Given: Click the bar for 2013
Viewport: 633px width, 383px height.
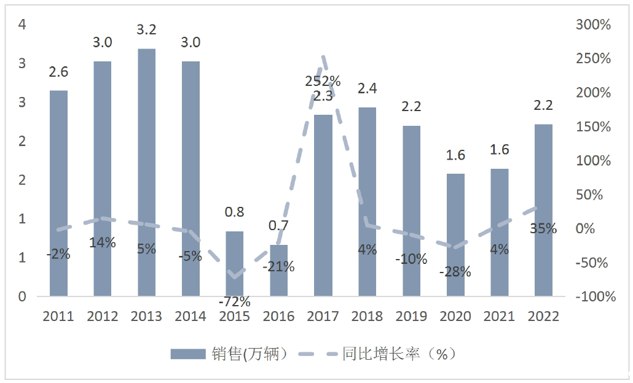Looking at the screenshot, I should coord(146,172).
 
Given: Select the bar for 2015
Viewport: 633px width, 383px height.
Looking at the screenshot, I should coord(235,263).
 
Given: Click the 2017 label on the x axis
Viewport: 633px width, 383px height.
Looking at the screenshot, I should coord(323,316).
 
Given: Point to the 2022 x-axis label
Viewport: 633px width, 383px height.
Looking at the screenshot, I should coord(543,316).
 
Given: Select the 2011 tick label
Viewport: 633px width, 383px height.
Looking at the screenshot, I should coord(58,316).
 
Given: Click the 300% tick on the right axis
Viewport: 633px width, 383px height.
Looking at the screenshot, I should coord(593,25).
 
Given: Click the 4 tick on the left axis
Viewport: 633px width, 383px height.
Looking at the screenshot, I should coord(23,25).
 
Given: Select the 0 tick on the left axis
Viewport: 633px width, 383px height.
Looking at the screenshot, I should coord(23,296).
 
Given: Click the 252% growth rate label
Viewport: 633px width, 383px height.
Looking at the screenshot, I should coord(323,81).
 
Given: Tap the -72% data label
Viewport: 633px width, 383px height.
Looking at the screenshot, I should coord(234,301).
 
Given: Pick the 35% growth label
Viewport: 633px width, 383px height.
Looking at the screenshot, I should coord(543,229).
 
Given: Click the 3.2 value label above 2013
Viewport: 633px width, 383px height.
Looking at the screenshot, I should coord(146,29).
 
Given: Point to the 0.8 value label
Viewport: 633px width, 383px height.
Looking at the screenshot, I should coord(234,212).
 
